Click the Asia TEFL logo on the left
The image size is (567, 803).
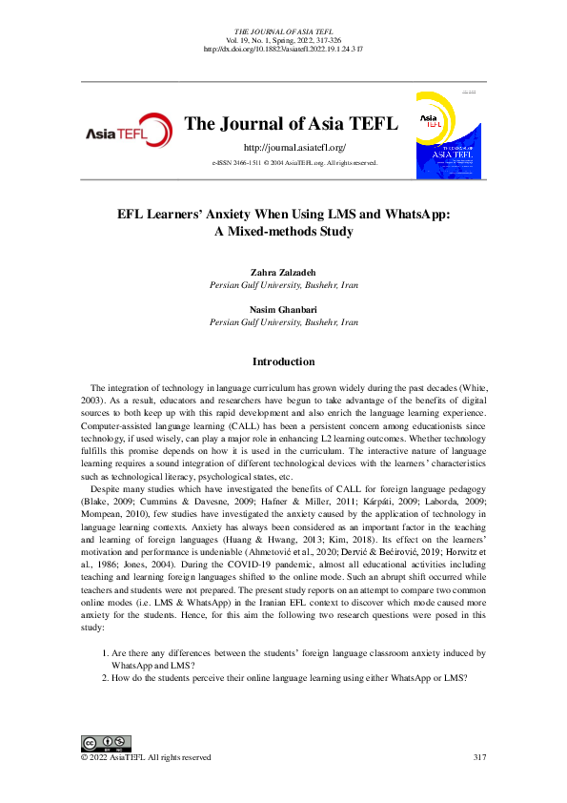pyautogui.click(x=129, y=133)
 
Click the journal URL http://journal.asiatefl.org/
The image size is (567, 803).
pyautogui.click(x=294, y=148)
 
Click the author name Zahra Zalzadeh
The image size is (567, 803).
pyautogui.click(x=283, y=273)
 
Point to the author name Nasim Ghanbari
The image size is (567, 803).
pyautogui.click(x=283, y=310)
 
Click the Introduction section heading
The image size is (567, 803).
pyautogui.click(x=283, y=362)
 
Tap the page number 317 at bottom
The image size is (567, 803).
pyautogui.click(x=480, y=757)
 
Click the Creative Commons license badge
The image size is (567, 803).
pyautogui.click(x=106, y=743)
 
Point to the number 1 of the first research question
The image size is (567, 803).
pyautogui.click(x=104, y=654)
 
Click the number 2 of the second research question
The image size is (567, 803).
pyautogui.click(x=104, y=677)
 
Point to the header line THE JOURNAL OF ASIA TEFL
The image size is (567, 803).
pyautogui.click(x=283, y=31)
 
